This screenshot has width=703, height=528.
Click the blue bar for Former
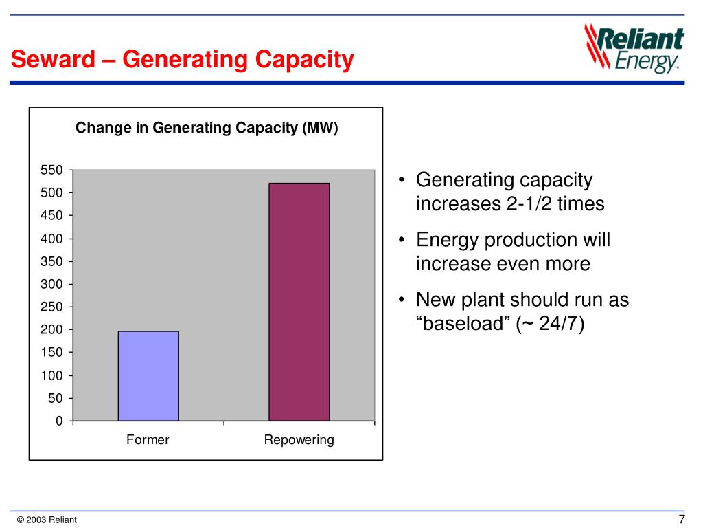point(148,375)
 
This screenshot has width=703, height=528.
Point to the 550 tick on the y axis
point(52,170)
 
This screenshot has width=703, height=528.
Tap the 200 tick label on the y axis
point(52,329)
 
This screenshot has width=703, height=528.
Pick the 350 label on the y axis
point(52,261)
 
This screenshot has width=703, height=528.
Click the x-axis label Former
point(148,440)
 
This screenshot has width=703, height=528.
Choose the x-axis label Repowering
point(299,440)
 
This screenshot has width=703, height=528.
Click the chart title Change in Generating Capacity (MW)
point(207,128)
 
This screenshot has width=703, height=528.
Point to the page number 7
point(682,519)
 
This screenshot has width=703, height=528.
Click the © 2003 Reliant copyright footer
point(46,520)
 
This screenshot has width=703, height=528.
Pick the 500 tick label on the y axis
point(52,192)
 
